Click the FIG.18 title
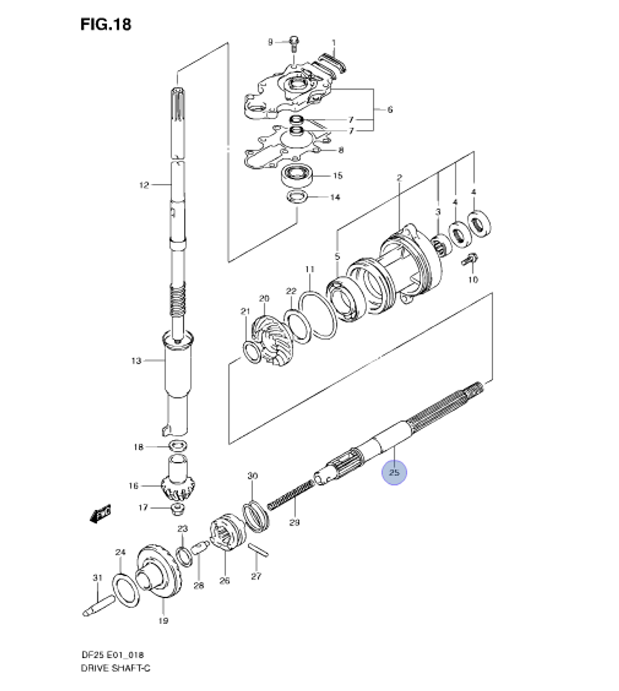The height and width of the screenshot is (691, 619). [106, 24]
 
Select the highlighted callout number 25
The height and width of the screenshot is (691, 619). [395, 473]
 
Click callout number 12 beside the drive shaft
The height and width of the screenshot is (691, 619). [144, 184]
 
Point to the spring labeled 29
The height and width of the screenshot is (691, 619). [292, 496]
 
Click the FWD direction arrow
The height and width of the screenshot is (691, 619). [99, 513]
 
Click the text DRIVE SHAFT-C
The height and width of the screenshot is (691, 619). [115, 668]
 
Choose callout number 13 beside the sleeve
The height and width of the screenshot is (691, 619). [136, 361]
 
